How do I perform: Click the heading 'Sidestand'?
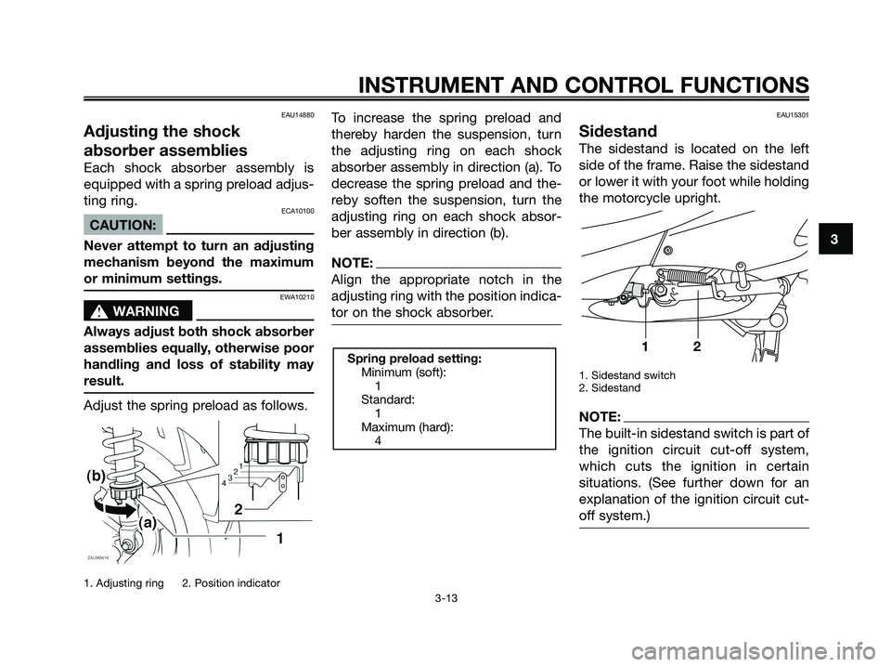(x=617, y=131)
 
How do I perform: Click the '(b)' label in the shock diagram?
(x=99, y=475)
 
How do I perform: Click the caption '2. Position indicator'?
(x=231, y=583)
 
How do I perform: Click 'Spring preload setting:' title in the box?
(x=413, y=358)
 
